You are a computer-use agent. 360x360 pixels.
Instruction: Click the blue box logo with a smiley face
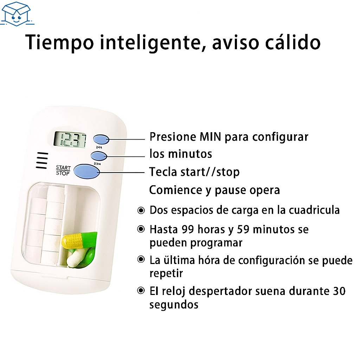pos(17,14)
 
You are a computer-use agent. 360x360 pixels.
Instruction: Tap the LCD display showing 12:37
pos(70,139)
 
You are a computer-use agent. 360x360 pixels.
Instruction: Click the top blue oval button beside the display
pos(101,139)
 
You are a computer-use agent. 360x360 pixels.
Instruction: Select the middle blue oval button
pos(99,156)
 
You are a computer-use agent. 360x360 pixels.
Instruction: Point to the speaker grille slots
pos(42,160)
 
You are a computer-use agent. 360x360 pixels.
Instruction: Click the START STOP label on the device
pos(63,171)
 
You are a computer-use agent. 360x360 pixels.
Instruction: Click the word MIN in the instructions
pos(210,137)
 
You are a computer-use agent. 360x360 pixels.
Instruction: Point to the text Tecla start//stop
pos(194,172)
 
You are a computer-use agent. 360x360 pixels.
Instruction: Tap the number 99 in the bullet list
pos(188,229)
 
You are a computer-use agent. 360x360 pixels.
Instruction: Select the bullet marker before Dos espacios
pos(141,210)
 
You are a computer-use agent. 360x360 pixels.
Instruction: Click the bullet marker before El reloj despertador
pos(141,291)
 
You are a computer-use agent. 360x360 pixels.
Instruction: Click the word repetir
pos(166,274)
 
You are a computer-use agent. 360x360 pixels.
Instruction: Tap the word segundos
pos(174,305)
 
